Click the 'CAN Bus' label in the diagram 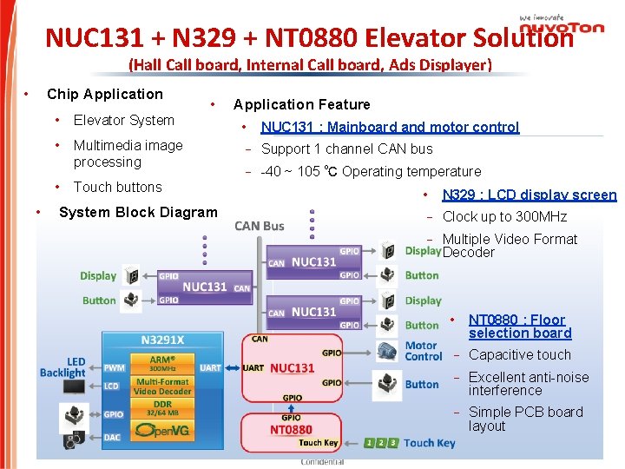coord(260,226)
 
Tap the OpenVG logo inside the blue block coord(162,429)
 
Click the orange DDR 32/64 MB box coord(162,409)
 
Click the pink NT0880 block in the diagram coord(292,429)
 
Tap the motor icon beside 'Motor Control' coord(385,351)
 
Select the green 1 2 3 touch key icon coord(381,443)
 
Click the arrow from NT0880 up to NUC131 coord(292,406)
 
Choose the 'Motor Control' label coord(423,351)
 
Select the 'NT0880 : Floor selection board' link coord(519,327)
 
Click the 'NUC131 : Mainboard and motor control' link coord(390,127)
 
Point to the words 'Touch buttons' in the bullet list coord(117,187)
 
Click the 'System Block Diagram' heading coord(138,212)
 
